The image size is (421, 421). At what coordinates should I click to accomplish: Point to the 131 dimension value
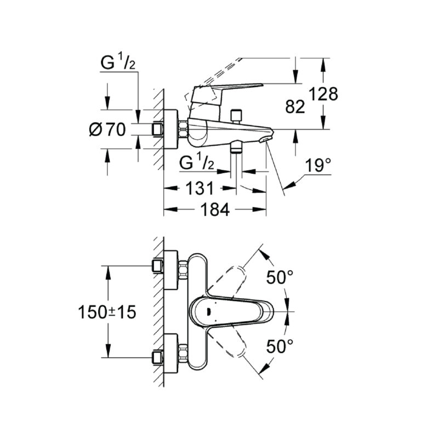pyautogui.click(x=198, y=189)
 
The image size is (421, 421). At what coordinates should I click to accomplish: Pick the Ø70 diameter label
pyautogui.click(x=107, y=130)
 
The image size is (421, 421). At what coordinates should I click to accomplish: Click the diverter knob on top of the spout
pyautogui.click(x=237, y=115)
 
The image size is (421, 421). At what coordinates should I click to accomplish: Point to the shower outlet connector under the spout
pyautogui.click(x=236, y=147)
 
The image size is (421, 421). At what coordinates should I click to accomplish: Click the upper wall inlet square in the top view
pyautogui.click(x=158, y=266)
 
